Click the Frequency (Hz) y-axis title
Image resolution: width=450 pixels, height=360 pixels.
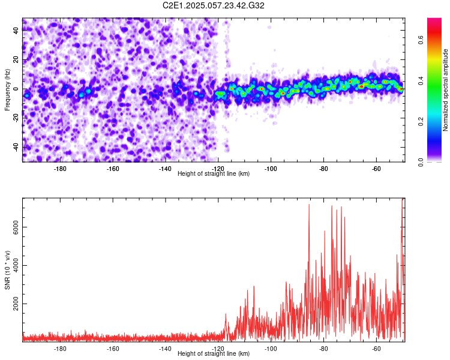7,89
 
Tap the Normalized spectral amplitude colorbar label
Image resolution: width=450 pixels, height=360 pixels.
446,90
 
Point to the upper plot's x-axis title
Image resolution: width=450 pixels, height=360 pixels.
214,173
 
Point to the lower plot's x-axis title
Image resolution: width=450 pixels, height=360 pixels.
214,353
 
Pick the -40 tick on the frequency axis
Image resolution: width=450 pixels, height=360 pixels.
15,146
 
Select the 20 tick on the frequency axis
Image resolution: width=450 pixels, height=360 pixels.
16,60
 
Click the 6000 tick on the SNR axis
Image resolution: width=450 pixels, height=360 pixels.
12,227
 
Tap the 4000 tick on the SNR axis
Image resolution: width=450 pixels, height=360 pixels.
12,265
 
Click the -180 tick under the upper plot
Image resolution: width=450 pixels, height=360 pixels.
60,168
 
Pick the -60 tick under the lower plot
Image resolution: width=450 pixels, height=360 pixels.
376,348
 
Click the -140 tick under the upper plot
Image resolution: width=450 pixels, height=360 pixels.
165,168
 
